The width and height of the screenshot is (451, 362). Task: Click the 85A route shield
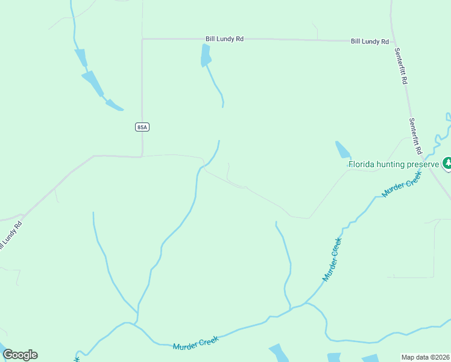point(142,127)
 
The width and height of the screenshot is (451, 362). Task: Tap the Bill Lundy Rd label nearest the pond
point(224,39)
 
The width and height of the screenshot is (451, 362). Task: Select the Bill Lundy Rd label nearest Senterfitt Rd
point(370,41)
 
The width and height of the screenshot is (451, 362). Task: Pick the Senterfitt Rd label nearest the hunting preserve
point(416,135)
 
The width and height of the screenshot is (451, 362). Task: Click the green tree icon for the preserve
point(447,163)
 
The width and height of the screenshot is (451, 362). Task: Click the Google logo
point(20,355)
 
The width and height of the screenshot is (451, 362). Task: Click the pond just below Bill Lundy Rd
point(206,56)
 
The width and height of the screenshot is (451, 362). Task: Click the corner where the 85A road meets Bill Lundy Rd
point(142,39)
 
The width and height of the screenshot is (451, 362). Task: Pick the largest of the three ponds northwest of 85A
point(93,83)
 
